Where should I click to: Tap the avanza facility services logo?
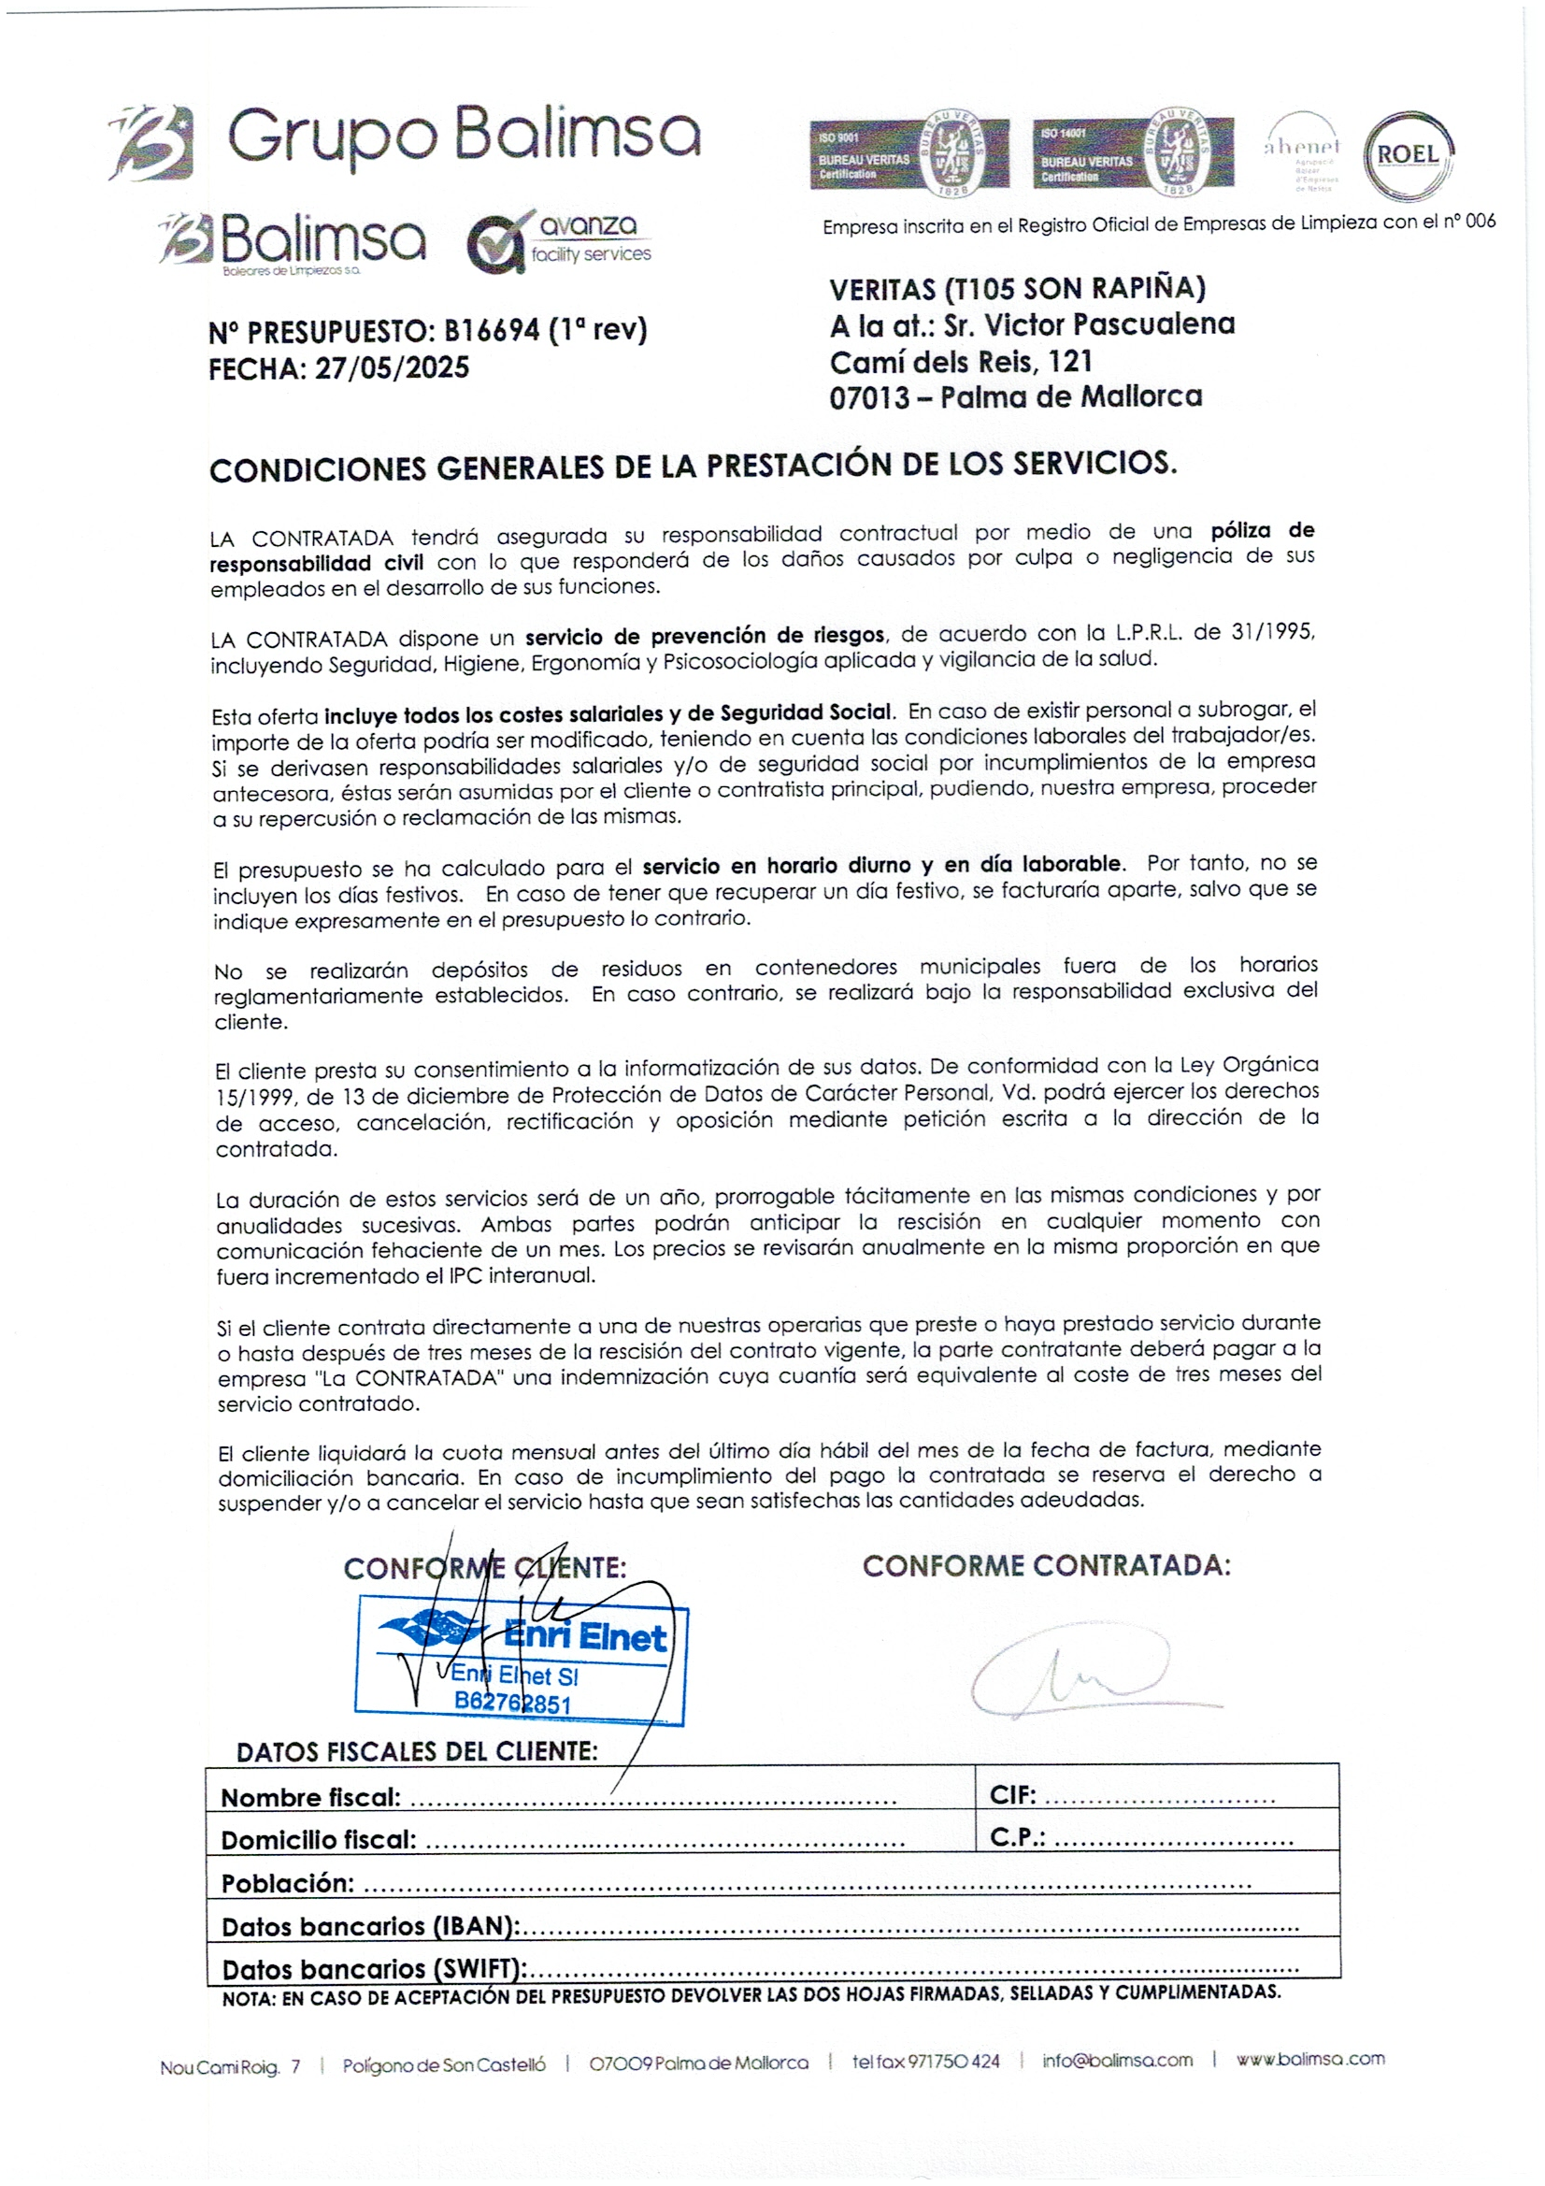[x=560, y=241]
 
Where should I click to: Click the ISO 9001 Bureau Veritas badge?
[x=908, y=153]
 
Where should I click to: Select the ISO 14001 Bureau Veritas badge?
[x=1132, y=153]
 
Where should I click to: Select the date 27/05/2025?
[x=392, y=367]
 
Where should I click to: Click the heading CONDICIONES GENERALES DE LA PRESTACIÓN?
[x=692, y=467]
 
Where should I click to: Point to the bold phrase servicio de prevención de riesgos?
[x=705, y=635]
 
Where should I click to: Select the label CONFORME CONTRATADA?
[x=1046, y=1566]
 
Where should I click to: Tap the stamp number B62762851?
[x=512, y=1703]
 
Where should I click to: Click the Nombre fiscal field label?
[x=310, y=1798]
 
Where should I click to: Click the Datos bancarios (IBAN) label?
[x=370, y=1927]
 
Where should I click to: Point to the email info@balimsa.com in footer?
[x=1117, y=2061]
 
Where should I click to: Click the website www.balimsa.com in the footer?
[x=1309, y=2060]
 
